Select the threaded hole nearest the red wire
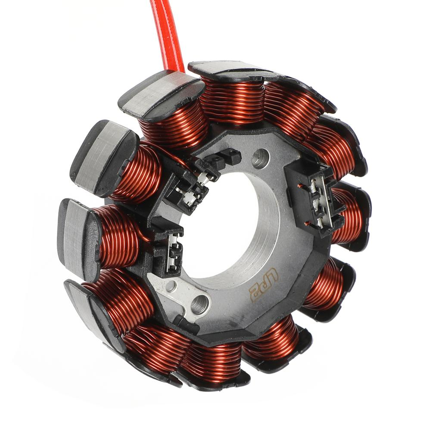pos(260,158)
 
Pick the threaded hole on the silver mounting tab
pos(199,305)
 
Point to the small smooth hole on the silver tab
pos(171,286)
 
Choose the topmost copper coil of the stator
pos(233,101)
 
